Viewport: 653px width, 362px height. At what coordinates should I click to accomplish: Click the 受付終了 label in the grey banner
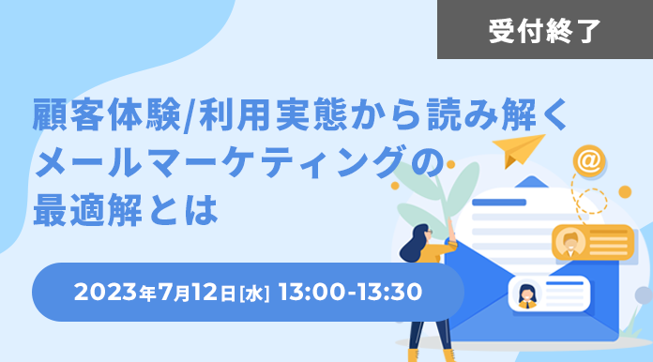click(x=544, y=31)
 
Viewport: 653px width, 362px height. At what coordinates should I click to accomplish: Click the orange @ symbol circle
click(x=589, y=161)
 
